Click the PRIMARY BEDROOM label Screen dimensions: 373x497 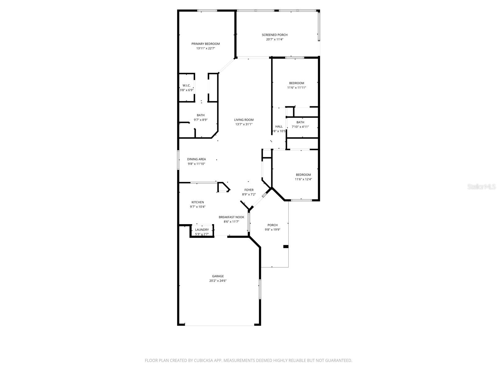tap(205, 44)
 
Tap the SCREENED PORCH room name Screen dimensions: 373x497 tap(275, 35)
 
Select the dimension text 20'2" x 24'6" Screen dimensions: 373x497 tap(218, 281)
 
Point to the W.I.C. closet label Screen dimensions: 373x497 tap(186, 85)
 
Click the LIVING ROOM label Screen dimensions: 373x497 tap(244, 120)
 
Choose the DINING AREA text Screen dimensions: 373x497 tap(196, 159)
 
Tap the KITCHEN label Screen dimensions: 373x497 tap(198, 202)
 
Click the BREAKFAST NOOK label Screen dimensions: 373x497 tap(231, 217)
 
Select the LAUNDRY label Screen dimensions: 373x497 tap(202, 230)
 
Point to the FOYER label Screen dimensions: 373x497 tap(249, 190)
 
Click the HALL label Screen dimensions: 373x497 tap(279, 127)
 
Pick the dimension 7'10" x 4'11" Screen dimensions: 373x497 tap(300, 127)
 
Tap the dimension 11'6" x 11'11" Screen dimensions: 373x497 tap(297, 88)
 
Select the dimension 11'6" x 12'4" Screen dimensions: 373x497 tap(303, 179)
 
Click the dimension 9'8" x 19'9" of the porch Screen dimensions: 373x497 tap(272, 230)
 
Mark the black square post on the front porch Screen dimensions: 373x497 tap(286, 246)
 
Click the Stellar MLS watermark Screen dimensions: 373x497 tap(481, 186)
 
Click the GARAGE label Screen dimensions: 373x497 tap(218, 276)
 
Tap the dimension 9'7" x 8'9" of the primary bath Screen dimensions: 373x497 tap(201, 120)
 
